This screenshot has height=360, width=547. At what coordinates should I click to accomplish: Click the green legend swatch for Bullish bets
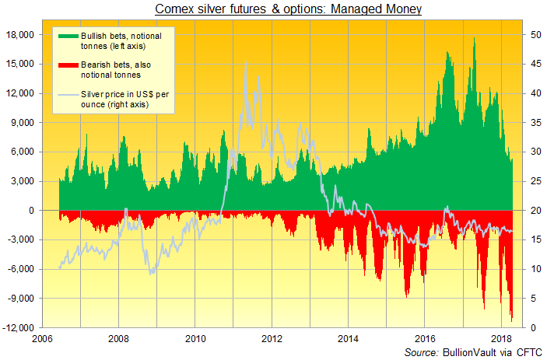coord(66,37)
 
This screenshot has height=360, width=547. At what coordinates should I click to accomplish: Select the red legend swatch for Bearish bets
coord(66,69)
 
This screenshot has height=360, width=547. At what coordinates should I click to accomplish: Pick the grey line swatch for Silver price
coord(66,98)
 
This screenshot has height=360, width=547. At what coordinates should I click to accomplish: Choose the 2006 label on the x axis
coord(41,339)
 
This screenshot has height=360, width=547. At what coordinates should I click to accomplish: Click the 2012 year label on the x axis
coord(272,339)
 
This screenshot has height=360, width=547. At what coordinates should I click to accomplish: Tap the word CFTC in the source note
coord(528,353)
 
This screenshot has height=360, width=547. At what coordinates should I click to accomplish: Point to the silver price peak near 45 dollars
coord(246,64)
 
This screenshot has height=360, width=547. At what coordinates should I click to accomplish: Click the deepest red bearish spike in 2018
coord(511,320)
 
